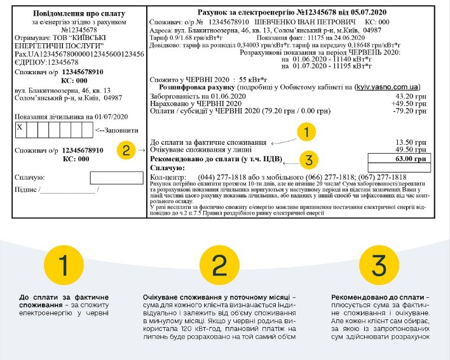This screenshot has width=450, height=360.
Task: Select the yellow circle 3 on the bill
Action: click(308, 159)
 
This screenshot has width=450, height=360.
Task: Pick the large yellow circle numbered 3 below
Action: click(377, 265)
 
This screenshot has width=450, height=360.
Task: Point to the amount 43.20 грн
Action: click(416, 97)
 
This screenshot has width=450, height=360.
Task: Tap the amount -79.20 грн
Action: click(414, 111)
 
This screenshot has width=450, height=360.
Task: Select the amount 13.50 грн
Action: click(416, 142)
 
